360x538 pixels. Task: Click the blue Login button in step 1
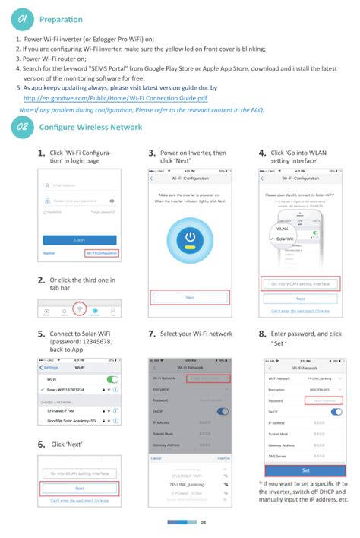tap(79, 239)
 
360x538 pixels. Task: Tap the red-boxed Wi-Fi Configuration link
tap(102, 252)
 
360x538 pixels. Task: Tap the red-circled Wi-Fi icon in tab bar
tap(79, 311)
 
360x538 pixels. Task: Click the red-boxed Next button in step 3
tap(190, 298)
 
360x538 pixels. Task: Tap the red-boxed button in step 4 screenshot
tap(300, 283)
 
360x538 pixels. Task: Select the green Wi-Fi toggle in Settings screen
tap(112, 378)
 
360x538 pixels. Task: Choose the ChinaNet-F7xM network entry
tap(65, 410)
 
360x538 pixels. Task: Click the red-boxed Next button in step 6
tap(79, 488)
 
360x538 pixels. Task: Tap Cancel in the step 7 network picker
tap(156, 458)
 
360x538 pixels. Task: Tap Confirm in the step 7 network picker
tap(223, 458)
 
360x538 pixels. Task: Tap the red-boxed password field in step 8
tap(323, 400)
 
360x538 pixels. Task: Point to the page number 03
tap(204, 522)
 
